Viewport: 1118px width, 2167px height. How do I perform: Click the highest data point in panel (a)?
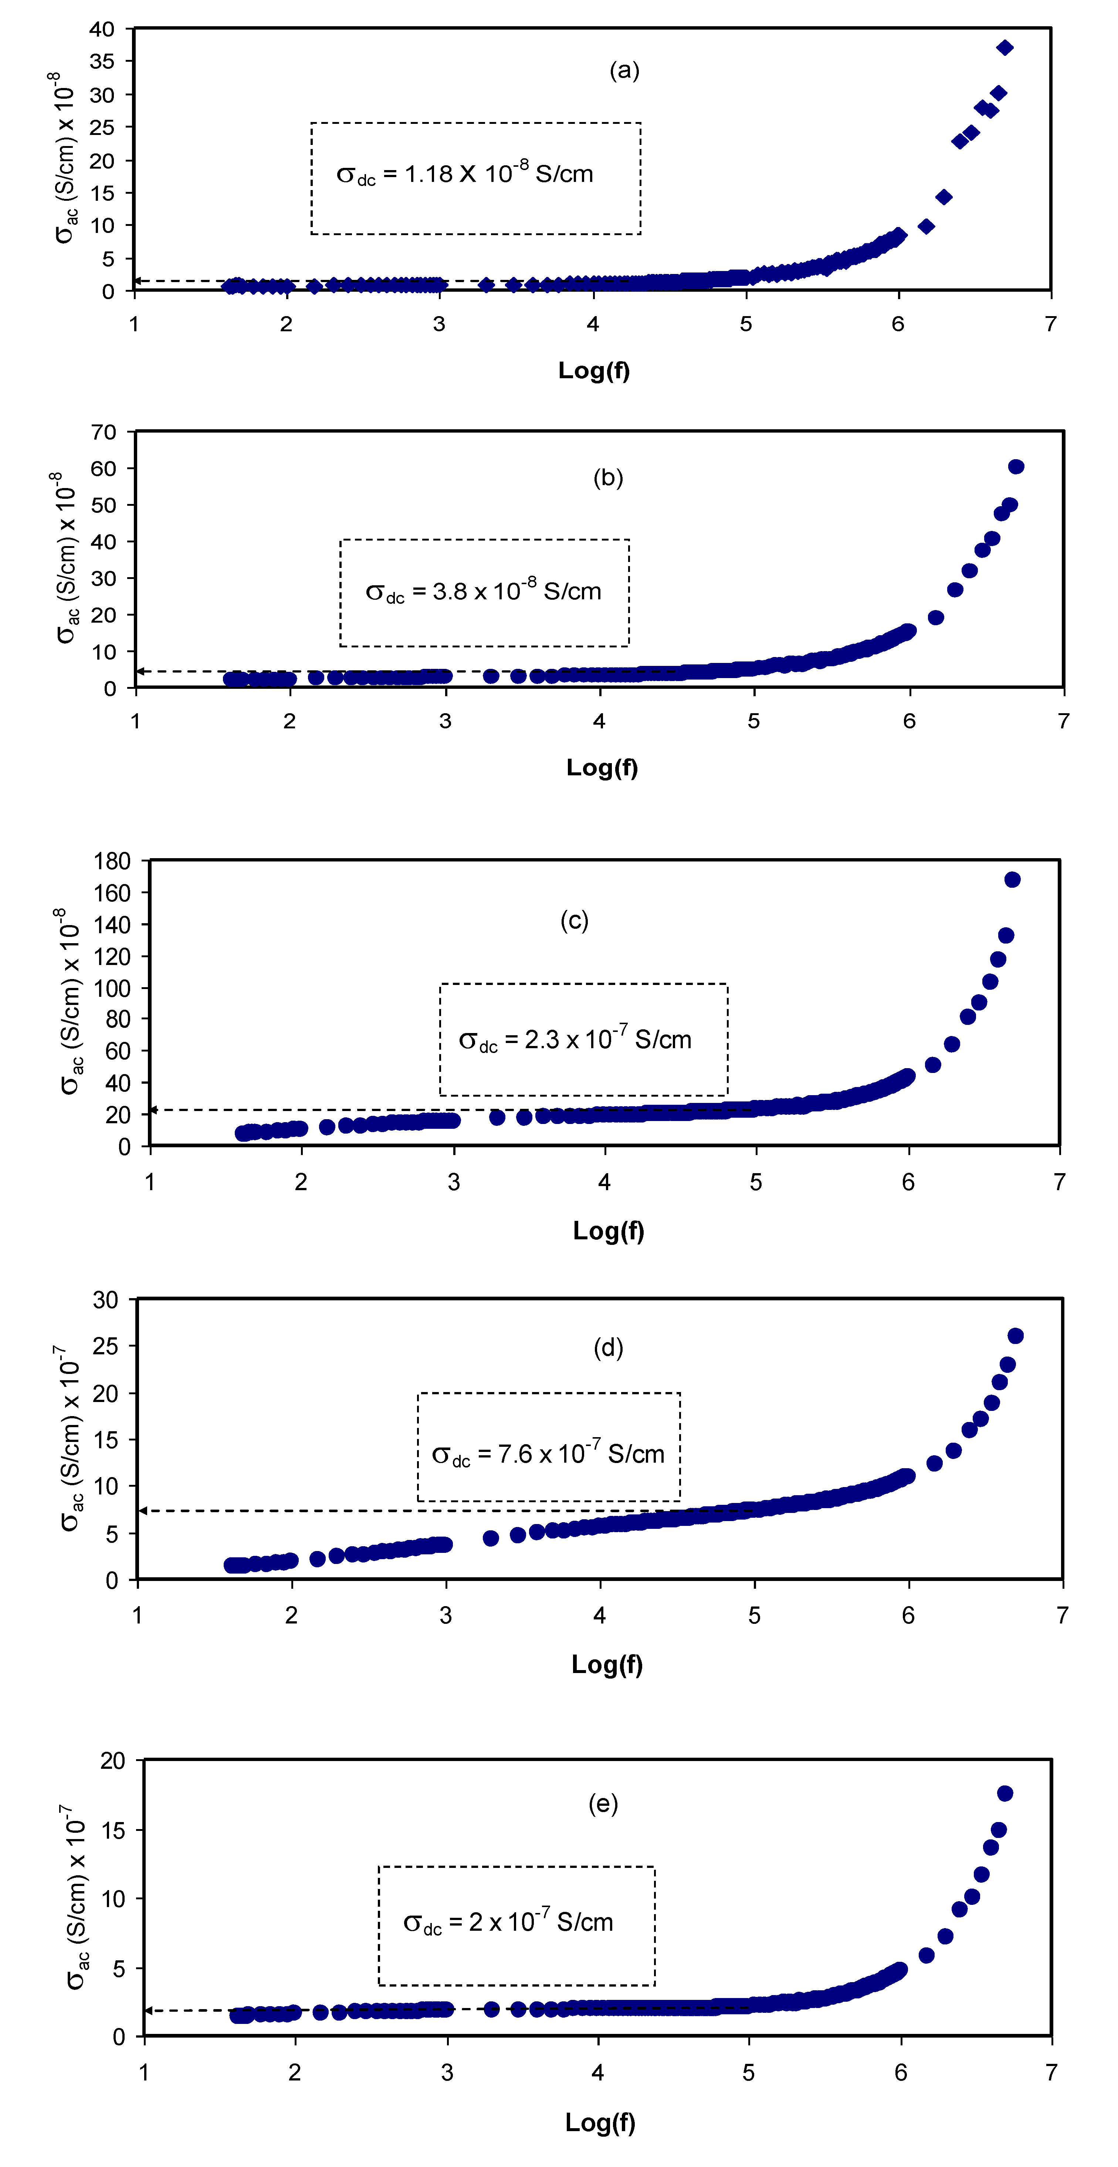[1004, 48]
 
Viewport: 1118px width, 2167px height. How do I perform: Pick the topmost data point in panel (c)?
[1012, 879]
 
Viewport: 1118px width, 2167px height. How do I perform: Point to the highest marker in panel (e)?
[1004, 1794]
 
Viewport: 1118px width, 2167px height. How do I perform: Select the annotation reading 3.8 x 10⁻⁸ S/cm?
[484, 591]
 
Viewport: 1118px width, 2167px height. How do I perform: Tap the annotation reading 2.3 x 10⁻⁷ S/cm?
[575, 1040]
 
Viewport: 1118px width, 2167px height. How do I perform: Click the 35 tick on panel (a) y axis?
[102, 61]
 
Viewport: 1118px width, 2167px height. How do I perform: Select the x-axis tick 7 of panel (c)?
[1059, 1182]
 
